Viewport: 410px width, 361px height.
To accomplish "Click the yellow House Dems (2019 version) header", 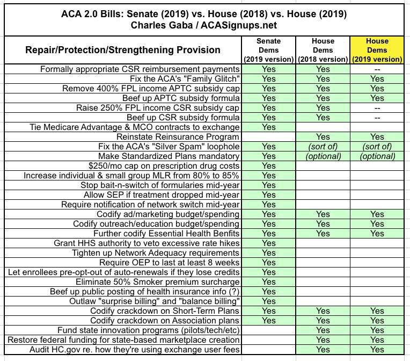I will pos(377,49).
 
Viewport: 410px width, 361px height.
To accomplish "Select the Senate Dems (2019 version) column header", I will pos(269,49).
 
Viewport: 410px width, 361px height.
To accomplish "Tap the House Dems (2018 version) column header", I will pos(323,49).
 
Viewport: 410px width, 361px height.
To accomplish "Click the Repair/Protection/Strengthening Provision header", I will pos(123,50).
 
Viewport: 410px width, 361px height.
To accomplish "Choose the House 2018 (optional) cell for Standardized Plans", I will pos(323,156).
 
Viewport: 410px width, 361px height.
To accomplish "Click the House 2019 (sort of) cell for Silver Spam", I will pos(377,147).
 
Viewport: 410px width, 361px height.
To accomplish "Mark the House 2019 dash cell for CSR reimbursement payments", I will pos(377,69).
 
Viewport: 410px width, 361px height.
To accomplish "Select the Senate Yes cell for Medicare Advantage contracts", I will pos(269,127).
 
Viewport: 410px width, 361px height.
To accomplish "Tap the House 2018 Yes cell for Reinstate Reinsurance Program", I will pos(323,137).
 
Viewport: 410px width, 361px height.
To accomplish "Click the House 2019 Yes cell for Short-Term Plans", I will pos(377,311).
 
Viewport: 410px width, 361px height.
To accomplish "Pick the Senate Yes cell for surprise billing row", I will pos(269,301).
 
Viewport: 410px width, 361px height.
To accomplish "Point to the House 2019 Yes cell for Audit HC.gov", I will pos(377,350).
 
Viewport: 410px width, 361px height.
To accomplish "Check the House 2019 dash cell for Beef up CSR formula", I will pos(377,118).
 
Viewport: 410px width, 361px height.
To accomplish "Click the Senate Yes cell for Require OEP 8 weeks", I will pos(269,263).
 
